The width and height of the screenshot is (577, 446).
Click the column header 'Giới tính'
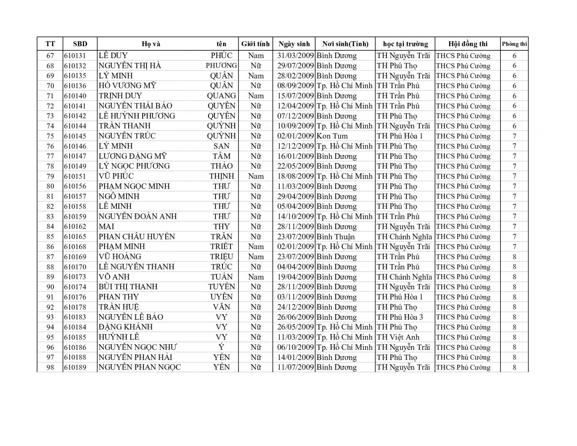[255, 44]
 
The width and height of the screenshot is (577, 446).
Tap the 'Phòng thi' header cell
[514, 44]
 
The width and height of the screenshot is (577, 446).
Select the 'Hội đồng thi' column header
[468, 44]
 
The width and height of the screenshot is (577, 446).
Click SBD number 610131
[75, 56]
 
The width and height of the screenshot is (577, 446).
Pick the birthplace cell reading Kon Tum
[332, 136]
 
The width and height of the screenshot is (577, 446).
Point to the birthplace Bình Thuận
[335, 237]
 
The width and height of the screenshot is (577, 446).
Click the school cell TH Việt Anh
[398, 337]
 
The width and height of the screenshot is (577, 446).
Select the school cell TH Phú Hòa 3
[400, 317]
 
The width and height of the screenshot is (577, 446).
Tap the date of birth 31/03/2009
[295, 56]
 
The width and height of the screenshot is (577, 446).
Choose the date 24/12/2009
[295, 307]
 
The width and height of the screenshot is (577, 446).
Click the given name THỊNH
[222, 176]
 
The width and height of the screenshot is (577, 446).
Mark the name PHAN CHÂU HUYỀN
[137, 237]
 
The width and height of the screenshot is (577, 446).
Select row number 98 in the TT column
[50, 368]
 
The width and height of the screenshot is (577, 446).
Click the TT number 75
[50, 136]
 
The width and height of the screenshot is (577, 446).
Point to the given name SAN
[222, 146]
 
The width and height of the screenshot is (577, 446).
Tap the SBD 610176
[75, 297]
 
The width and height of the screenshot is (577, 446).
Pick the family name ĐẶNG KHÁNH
[125, 327]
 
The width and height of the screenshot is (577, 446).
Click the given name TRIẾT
[222, 247]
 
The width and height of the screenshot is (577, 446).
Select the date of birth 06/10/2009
[295, 347]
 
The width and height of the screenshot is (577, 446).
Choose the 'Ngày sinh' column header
[294, 44]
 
